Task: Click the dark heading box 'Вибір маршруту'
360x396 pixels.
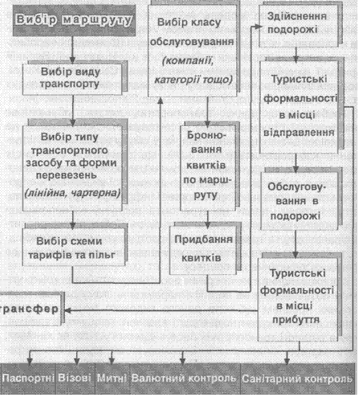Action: (74, 21)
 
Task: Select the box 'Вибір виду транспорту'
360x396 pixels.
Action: (72, 79)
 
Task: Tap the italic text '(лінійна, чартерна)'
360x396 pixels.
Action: (72, 193)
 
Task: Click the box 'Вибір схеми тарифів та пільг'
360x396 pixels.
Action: (73, 247)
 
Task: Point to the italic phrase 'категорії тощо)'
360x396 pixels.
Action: (193, 80)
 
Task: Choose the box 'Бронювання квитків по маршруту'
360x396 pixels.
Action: (208, 168)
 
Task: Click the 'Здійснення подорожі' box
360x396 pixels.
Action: (298, 25)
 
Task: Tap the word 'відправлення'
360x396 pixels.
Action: (299, 132)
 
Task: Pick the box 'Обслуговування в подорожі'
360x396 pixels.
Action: (299, 201)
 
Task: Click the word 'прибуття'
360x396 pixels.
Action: (296, 320)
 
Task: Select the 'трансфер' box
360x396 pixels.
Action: (30, 309)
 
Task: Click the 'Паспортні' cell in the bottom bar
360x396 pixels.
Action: (28, 378)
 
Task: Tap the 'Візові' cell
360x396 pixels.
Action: (75, 378)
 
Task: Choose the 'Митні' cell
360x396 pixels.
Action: (112, 378)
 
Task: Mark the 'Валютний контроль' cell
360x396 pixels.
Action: (185, 378)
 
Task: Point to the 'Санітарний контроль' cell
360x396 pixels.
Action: (297, 378)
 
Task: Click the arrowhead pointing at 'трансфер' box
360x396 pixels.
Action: (67, 311)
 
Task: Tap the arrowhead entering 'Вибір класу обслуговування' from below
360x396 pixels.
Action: (160, 101)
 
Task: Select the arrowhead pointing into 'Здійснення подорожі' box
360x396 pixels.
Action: (257, 26)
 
